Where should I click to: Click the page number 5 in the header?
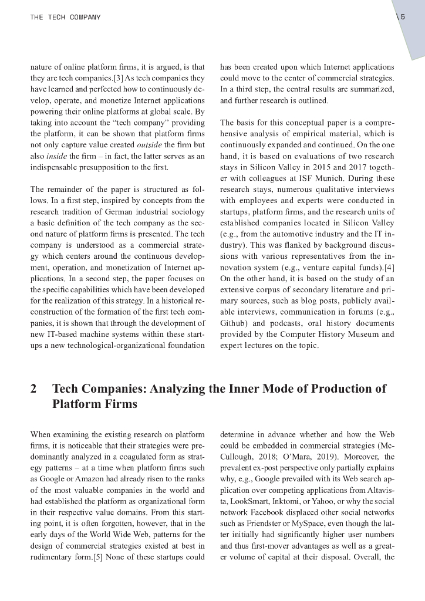point(403,18)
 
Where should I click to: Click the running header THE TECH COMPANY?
point(65,18)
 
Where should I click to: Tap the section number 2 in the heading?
point(33,389)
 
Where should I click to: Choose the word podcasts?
point(276,323)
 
